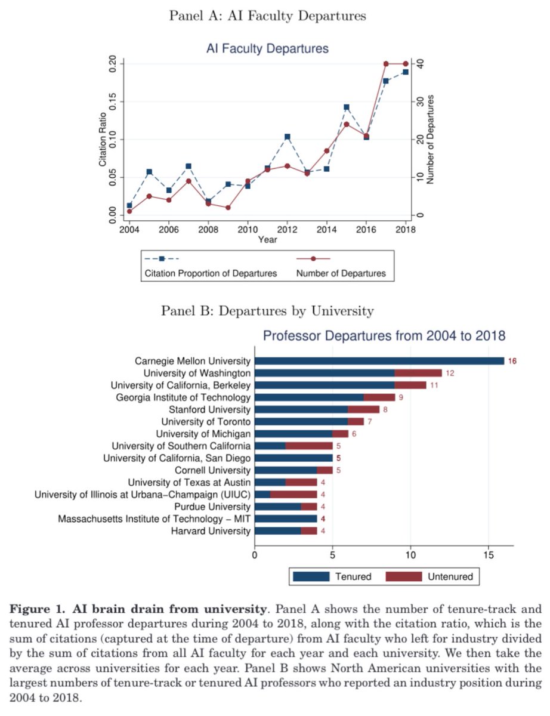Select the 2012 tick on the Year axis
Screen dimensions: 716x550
point(287,230)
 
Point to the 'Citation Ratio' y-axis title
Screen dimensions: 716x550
point(103,139)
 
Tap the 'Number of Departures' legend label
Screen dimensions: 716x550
point(341,274)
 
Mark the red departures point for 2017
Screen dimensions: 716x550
point(386,64)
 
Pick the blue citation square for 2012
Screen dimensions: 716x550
point(287,137)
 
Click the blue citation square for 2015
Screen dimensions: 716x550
point(347,107)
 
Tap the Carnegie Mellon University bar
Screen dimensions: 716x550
point(379,361)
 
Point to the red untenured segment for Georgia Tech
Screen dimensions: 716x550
point(379,397)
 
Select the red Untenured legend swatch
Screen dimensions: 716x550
point(403,576)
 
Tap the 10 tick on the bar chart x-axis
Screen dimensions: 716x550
point(410,554)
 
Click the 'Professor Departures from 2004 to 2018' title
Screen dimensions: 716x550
point(384,337)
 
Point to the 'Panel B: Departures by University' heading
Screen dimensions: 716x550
point(267,311)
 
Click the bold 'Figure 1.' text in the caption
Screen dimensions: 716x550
point(37,610)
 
